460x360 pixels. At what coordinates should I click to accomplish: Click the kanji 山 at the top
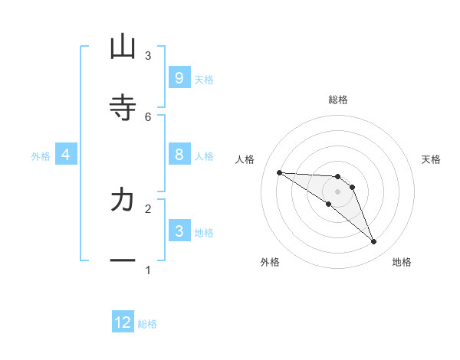123,47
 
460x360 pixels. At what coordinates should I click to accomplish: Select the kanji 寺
123,107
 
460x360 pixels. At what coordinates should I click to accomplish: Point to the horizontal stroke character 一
123,260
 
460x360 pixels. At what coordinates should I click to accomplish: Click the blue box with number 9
179,77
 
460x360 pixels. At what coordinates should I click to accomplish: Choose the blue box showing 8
179,155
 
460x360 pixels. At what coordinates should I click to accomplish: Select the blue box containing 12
123,322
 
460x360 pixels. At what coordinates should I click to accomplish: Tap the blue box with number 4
65,155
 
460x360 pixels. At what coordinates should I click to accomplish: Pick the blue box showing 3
179,231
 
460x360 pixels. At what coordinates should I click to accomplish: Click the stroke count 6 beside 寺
148,116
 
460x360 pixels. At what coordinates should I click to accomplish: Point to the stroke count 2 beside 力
148,208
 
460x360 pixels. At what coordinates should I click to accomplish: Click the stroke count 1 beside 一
148,270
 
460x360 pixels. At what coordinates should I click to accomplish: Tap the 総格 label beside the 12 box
147,324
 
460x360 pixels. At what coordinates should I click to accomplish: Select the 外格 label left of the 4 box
41,156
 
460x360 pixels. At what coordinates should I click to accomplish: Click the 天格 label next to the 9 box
204,79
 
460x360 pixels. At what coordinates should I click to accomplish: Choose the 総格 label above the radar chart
338,100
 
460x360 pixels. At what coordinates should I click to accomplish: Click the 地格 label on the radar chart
402,262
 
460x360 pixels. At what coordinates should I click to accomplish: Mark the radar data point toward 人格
279,172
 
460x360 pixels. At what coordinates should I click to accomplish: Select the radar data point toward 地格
374,242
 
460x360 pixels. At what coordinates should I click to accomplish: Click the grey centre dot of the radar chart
338,191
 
